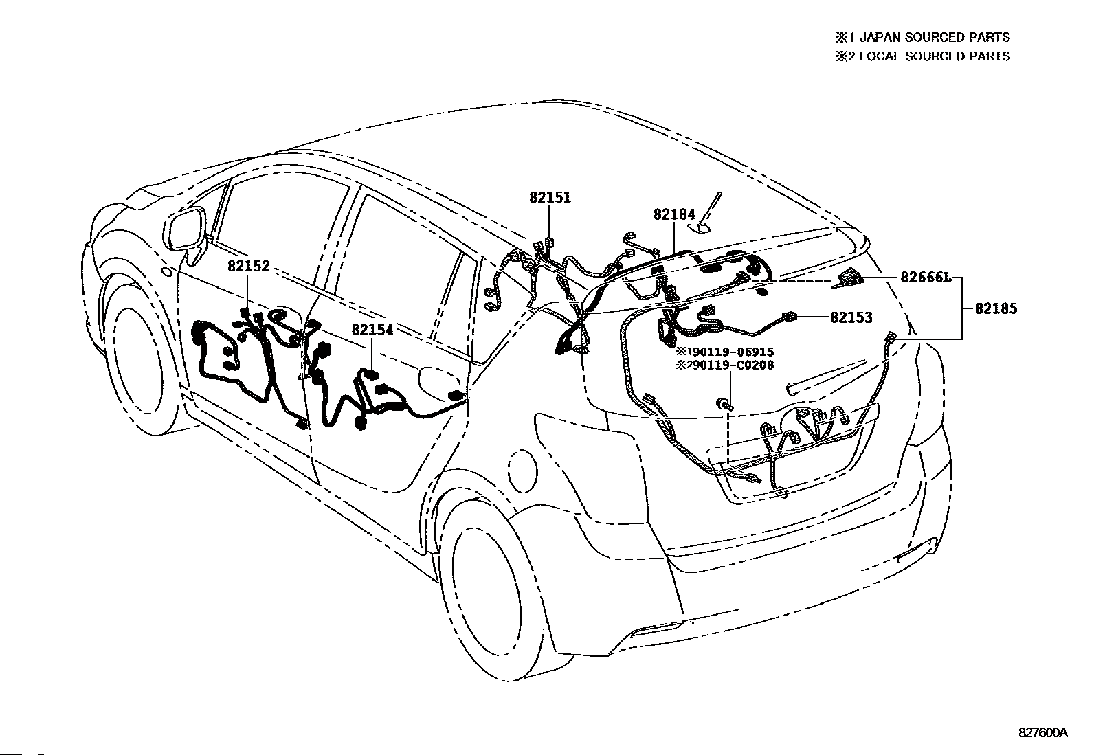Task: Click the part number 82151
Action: coord(550,198)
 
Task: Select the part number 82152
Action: coord(249,267)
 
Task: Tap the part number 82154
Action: coord(372,330)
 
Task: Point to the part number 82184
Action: coord(674,215)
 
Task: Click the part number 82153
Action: coord(851,317)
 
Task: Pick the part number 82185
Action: coord(996,309)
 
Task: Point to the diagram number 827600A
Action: coord(1042,732)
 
